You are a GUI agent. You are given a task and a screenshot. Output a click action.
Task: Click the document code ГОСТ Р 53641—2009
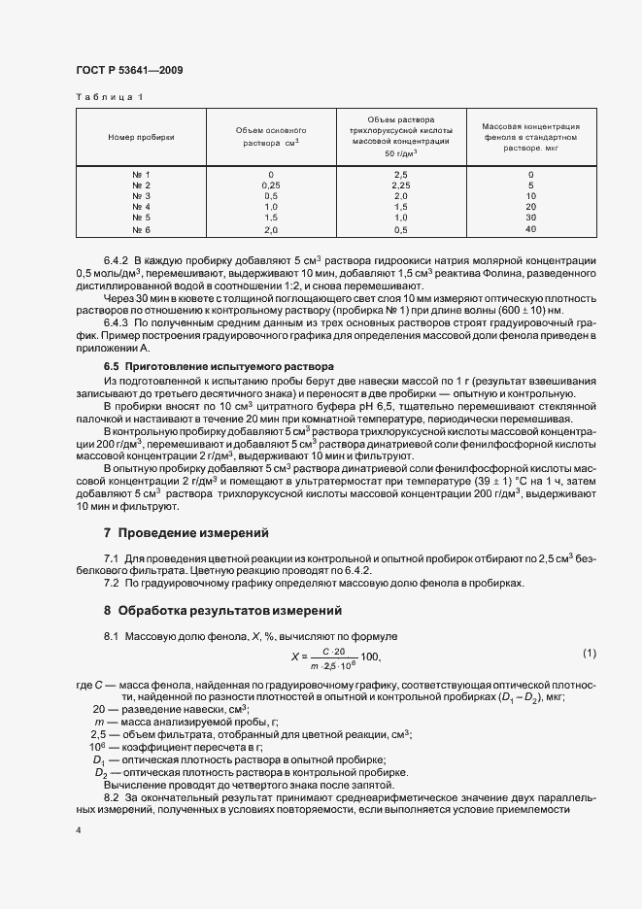click(128, 70)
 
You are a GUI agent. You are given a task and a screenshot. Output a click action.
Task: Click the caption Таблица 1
click(109, 97)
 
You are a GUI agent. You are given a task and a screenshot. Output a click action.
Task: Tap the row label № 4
click(141, 207)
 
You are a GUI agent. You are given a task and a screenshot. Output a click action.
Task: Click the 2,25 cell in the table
click(400, 185)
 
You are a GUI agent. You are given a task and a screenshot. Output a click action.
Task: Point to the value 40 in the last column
click(530, 229)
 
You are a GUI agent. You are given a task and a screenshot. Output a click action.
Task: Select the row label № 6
click(141, 229)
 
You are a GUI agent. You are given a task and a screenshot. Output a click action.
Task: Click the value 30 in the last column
click(530, 219)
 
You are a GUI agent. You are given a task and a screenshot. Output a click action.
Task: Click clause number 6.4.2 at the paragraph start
click(116, 262)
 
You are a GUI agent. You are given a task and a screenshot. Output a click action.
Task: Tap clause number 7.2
click(111, 583)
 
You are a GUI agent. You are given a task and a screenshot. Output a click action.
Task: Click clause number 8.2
click(111, 795)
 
